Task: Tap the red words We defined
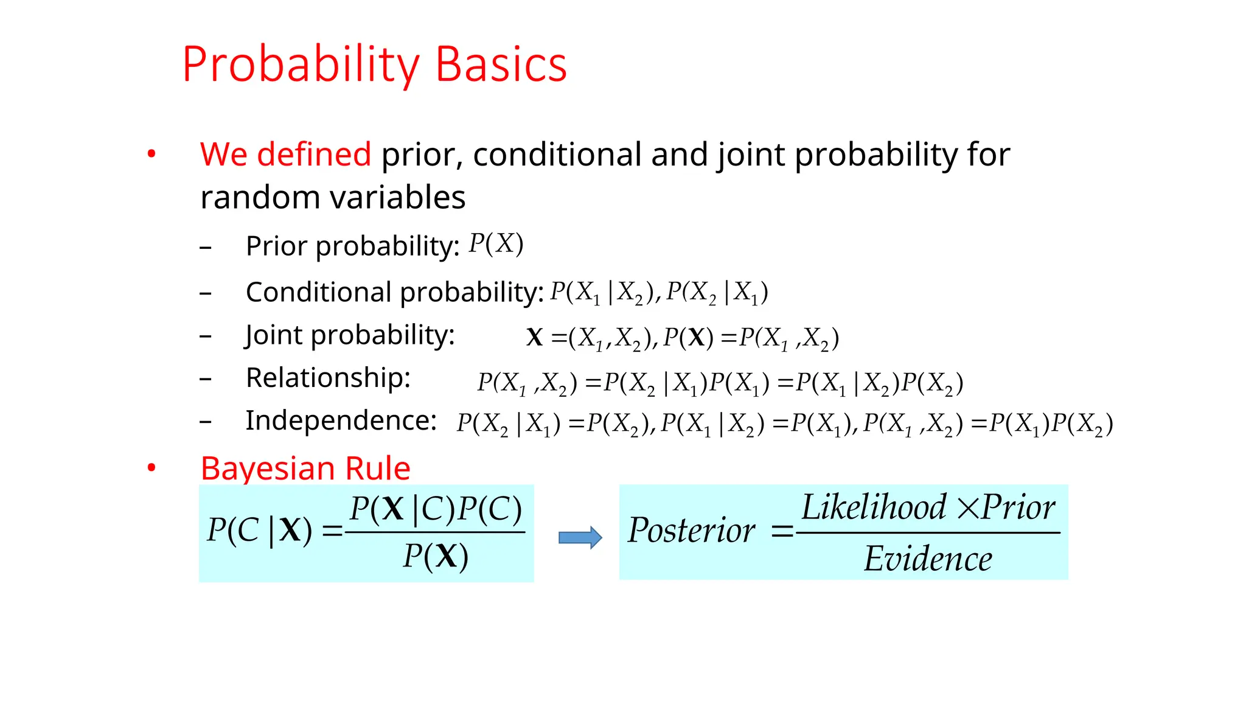coord(285,154)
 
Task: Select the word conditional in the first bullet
coord(556,154)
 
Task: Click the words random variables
coord(333,197)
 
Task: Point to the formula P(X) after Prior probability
coord(496,244)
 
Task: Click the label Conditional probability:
coord(394,292)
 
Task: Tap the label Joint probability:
coord(350,335)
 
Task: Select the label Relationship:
coord(328,378)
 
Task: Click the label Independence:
coord(341,420)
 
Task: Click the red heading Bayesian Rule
coord(305,469)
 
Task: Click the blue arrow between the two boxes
coord(580,537)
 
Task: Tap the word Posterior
coord(692,531)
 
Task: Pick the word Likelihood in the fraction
coord(874,507)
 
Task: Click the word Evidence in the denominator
coord(928,559)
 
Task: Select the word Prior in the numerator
coord(1018,507)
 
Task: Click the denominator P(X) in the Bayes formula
coord(436,556)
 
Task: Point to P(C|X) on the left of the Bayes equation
coord(260,530)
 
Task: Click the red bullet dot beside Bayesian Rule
coord(151,468)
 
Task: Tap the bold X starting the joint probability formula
coord(534,337)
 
